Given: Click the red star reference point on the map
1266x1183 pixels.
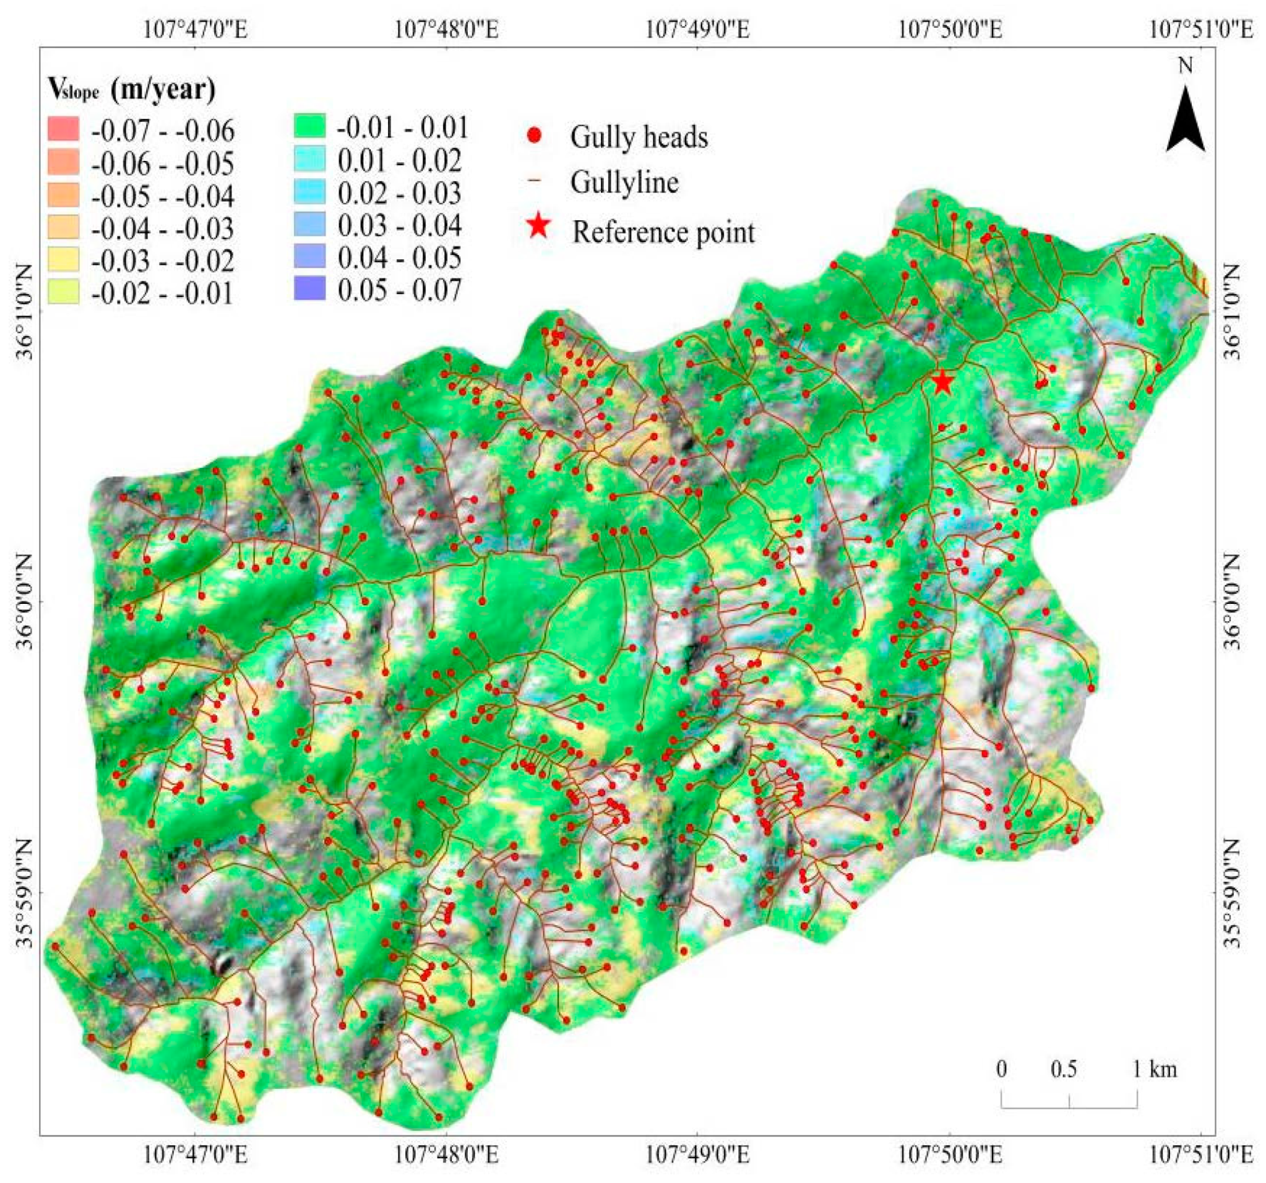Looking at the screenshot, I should pyautogui.click(x=942, y=382).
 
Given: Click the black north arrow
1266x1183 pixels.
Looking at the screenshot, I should pyautogui.click(x=1185, y=121).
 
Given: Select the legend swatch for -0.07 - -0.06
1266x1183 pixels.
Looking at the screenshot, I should pyautogui.click(x=63, y=129).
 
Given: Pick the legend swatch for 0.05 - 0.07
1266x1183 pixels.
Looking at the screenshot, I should pyautogui.click(x=309, y=288).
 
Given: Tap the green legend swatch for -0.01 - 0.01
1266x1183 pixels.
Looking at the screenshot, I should pyautogui.click(x=309, y=126).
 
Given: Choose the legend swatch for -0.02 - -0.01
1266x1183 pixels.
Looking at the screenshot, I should pyautogui.click(x=63, y=291).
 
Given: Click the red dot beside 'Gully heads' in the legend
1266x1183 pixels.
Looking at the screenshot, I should pyautogui.click(x=535, y=136).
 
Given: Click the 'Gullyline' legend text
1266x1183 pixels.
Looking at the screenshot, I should pyautogui.click(x=624, y=183).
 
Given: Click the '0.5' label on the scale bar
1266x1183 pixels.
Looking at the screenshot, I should pyautogui.click(x=1064, y=1069).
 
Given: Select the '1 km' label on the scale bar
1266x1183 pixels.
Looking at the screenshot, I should pyautogui.click(x=1155, y=1069).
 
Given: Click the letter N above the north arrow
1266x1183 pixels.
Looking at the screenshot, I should pyautogui.click(x=1185, y=65).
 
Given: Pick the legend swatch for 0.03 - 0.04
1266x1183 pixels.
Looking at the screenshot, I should pyautogui.click(x=309, y=223).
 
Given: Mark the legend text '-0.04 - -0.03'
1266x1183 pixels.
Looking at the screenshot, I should pyautogui.click(x=162, y=228).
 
